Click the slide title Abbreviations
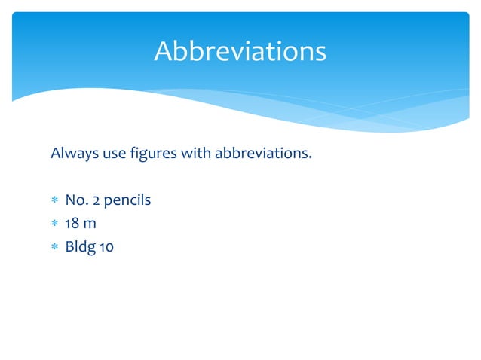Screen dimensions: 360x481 pos(240,51)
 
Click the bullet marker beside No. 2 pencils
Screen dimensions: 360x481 pos(54,201)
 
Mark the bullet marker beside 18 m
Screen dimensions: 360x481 pos(54,223)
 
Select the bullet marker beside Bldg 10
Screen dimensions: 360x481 pos(54,246)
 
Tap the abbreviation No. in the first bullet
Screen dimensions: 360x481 pos(75,200)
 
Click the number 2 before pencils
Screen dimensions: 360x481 pos(96,200)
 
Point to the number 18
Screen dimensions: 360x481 pos(72,222)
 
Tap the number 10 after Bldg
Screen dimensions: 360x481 pos(106,245)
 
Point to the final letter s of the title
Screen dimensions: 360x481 pos(320,53)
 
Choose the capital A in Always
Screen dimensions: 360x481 pos(55,154)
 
